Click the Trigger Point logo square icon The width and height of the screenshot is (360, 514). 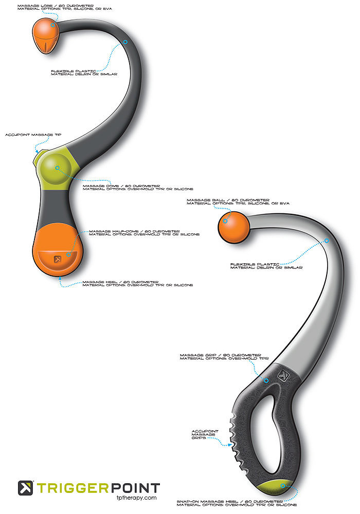point(26,488)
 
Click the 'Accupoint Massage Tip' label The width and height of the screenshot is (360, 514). point(33,135)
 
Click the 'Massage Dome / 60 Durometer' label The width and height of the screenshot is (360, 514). point(121,187)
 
